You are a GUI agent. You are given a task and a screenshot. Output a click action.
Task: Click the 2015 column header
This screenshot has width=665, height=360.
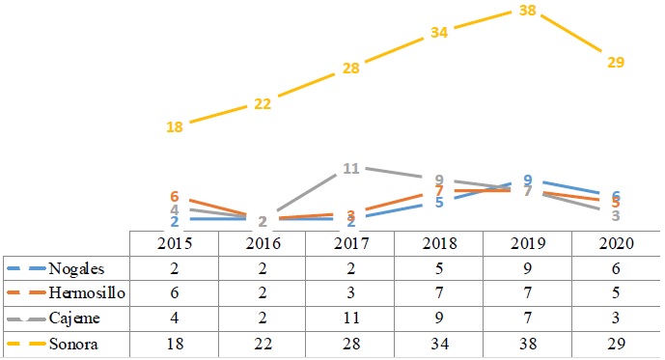[x=175, y=243]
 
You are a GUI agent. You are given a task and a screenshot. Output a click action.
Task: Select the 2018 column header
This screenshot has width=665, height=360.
[x=439, y=243]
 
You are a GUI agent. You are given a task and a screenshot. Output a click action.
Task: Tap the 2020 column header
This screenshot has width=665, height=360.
[x=615, y=243]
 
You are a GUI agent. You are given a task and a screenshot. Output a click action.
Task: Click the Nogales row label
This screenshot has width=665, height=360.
[x=80, y=268]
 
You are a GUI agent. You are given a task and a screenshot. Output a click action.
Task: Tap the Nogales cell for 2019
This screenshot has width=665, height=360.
[x=527, y=268]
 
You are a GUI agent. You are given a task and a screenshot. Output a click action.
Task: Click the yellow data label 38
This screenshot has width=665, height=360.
[x=527, y=13]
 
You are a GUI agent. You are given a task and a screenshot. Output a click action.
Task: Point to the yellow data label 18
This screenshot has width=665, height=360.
[x=175, y=126]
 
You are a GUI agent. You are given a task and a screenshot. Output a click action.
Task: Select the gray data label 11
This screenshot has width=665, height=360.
[x=351, y=169]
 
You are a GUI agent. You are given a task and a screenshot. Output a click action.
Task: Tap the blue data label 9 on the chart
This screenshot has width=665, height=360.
[x=527, y=180]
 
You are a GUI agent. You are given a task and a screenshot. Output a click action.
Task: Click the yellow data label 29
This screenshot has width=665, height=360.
[x=616, y=62]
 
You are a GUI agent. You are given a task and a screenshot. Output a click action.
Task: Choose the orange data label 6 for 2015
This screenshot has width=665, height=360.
[x=175, y=197]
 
